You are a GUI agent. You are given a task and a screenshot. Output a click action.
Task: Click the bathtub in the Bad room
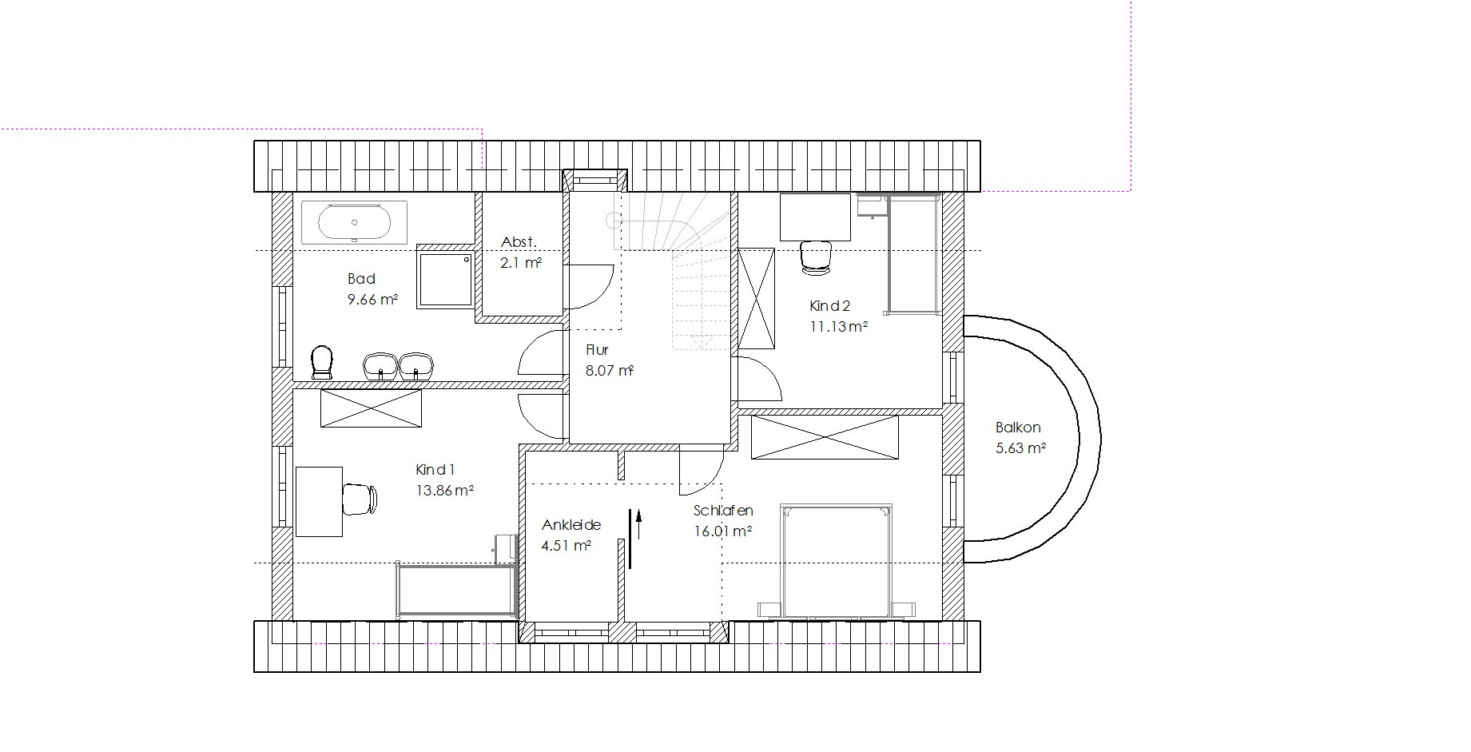point(355,222)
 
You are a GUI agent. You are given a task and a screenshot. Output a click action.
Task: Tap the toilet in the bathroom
point(322,362)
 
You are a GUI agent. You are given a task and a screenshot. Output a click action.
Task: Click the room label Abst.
point(519,242)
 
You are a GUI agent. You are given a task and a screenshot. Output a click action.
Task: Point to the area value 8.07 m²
point(610,371)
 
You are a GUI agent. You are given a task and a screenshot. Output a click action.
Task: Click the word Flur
point(597,350)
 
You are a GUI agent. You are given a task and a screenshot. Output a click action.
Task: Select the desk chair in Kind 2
point(816,257)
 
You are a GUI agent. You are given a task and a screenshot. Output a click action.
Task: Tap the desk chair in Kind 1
point(360,499)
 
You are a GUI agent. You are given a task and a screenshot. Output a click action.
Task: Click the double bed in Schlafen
point(836,561)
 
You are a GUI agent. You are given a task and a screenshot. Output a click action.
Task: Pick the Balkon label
point(1018,428)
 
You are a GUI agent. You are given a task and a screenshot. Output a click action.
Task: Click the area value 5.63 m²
point(1020,448)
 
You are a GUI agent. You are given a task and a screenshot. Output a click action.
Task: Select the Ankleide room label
point(571,525)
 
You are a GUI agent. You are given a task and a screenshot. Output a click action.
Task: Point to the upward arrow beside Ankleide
point(638,524)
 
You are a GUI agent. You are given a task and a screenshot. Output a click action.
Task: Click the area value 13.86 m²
point(445,491)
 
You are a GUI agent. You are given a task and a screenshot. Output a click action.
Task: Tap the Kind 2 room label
point(830,305)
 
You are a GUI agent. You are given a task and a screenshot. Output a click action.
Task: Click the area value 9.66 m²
point(372,300)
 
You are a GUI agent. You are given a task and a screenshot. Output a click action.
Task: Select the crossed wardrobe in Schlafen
point(824,436)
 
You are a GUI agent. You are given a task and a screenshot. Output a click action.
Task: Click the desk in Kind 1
point(319,501)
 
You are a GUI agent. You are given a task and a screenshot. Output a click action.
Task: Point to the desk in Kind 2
point(815,217)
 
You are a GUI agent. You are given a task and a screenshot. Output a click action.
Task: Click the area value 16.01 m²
point(724,531)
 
